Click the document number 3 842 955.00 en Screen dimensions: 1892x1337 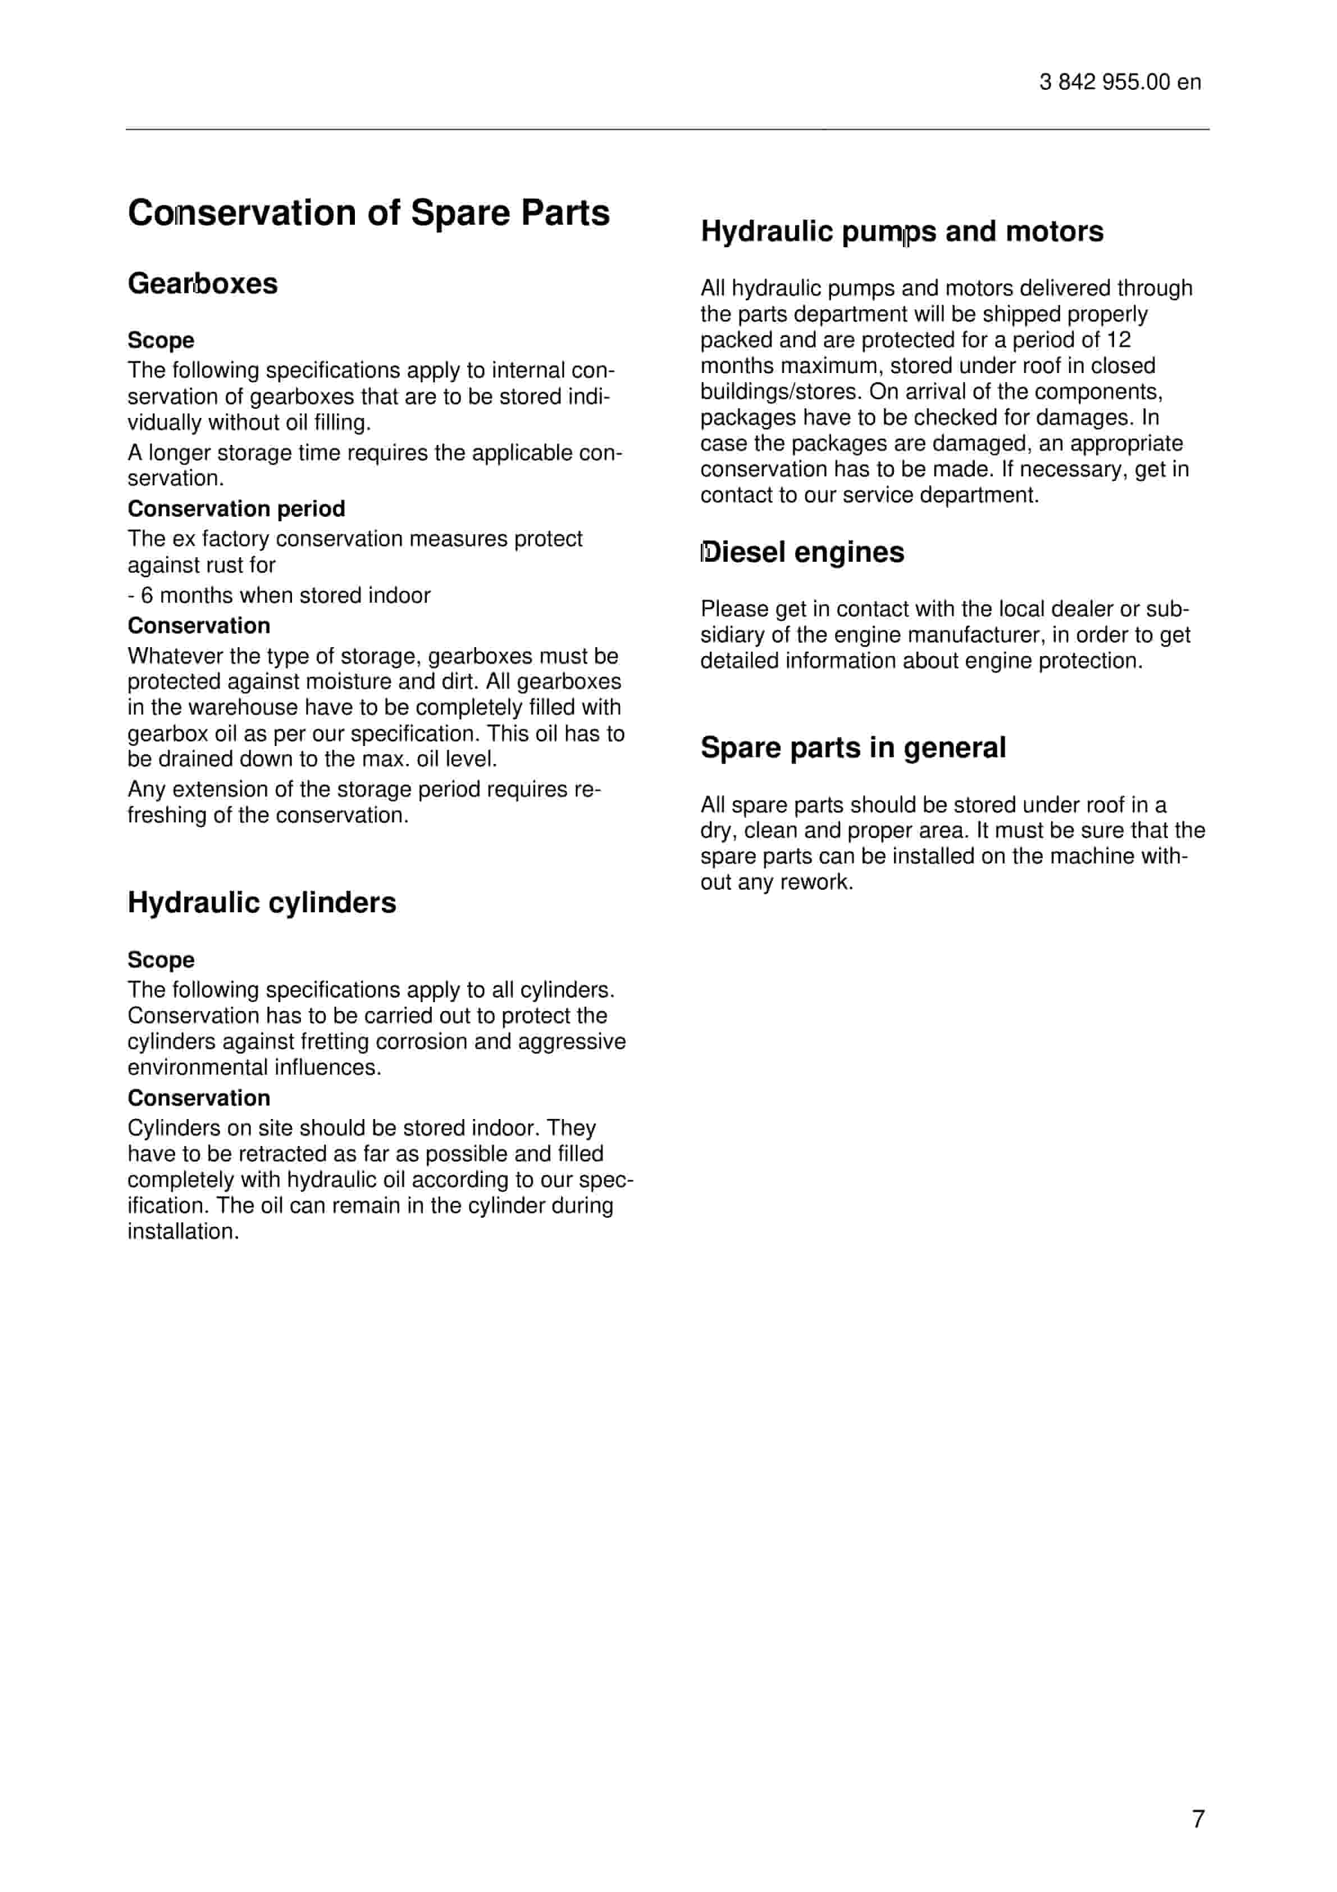pyautogui.click(x=1120, y=83)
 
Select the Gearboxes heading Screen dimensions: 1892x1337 pyautogui.click(x=203, y=284)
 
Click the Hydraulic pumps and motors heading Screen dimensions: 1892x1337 pyautogui.click(x=901, y=231)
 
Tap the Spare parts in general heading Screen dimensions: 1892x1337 pyautogui.click(x=852, y=747)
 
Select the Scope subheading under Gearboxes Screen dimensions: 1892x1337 pyautogui.click(x=161, y=340)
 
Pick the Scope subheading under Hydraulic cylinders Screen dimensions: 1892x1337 pyautogui.click(x=161, y=960)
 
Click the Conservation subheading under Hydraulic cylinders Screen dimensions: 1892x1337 pyautogui.click(x=199, y=1098)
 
